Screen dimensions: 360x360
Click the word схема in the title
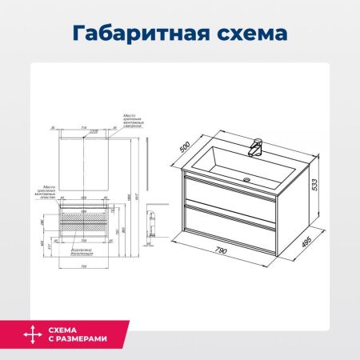point(247,34)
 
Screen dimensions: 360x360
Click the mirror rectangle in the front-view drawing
point(84,160)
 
